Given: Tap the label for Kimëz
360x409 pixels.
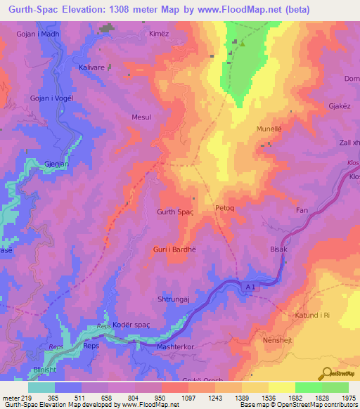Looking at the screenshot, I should coord(160,34).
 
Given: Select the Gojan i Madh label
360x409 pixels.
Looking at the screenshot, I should coord(36,34).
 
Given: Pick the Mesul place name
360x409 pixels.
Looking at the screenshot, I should coord(141,117).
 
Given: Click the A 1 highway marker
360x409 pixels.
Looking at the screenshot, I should coord(252,288).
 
